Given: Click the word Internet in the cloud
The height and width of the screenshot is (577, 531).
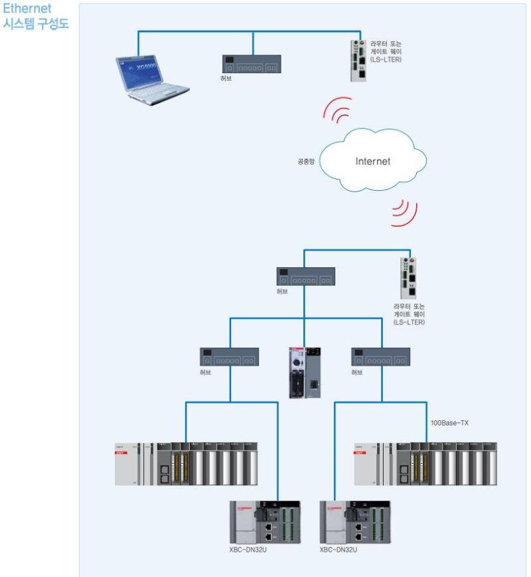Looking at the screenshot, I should [372, 162].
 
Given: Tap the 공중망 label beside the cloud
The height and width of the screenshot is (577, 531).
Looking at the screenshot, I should [306, 162].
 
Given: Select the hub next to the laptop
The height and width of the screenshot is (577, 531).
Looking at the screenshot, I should [252, 64].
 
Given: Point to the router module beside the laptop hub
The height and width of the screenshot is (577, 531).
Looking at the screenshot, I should [358, 60].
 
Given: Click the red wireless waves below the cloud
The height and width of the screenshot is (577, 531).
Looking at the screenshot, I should [404, 211].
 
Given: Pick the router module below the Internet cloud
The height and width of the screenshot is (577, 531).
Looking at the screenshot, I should [408, 279].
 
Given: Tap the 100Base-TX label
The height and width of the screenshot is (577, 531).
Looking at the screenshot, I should [449, 423].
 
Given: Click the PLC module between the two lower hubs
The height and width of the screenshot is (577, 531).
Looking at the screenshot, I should [305, 372].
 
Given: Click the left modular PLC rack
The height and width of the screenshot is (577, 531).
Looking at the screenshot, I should [186, 463].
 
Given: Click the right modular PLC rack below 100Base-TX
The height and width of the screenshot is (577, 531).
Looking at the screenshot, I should [425, 463].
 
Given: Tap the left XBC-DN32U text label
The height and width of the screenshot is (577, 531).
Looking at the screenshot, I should [248, 550].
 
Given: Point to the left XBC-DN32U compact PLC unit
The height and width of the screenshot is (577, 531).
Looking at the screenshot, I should [265, 522].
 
